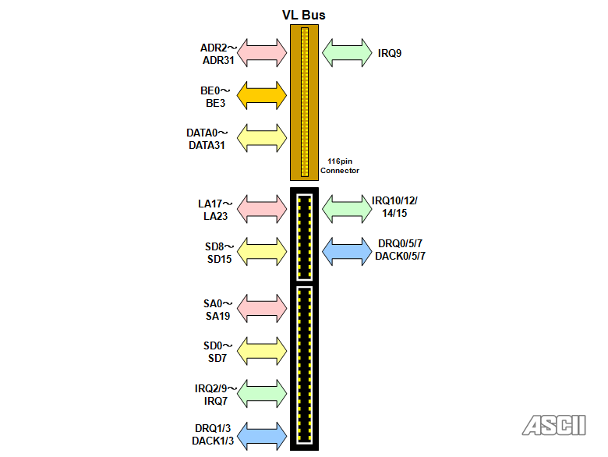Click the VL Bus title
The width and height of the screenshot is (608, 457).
pyautogui.click(x=304, y=15)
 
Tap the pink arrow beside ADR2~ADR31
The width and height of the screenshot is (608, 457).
pyautogui.click(x=262, y=52)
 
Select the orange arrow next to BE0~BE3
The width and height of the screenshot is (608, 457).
pyautogui.click(x=262, y=95)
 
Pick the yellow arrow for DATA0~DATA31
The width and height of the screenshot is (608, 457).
pyautogui.click(x=262, y=138)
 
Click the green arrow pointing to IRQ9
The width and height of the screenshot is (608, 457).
pyautogui.click(x=347, y=52)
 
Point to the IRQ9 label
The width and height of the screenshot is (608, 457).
pyautogui.click(x=390, y=53)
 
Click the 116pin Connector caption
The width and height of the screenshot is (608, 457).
pyautogui.click(x=339, y=166)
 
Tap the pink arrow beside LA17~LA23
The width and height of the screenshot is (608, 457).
pyautogui.click(x=262, y=208)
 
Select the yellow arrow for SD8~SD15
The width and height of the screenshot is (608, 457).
pyautogui.click(x=262, y=251)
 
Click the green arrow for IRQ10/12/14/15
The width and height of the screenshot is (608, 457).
pyautogui.click(x=347, y=207)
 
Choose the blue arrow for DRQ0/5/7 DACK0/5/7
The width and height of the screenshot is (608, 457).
pyautogui.click(x=347, y=250)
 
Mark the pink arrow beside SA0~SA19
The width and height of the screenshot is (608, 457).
pyautogui.click(x=262, y=308)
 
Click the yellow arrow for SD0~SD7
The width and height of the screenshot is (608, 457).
pyautogui.click(x=262, y=351)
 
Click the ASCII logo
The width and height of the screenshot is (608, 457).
pyautogui.click(x=554, y=425)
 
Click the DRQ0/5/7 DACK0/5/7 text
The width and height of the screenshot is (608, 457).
pyautogui.click(x=400, y=250)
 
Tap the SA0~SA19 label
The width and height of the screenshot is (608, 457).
pyautogui.click(x=218, y=309)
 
